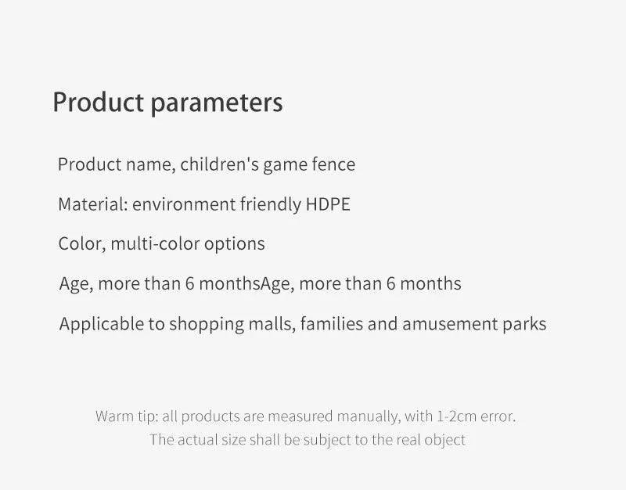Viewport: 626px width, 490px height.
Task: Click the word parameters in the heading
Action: click(x=217, y=103)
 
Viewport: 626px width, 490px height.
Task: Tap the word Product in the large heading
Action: click(x=99, y=102)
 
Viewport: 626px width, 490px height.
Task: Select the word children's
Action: click(x=220, y=164)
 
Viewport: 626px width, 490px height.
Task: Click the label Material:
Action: click(x=93, y=204)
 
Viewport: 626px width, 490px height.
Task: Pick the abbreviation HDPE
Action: click(x=328, y=204)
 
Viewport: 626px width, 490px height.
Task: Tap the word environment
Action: click(x=184, y=204)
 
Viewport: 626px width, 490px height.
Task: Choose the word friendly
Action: click(x=271, y=204)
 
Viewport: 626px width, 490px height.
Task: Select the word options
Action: click(x=234, y=244)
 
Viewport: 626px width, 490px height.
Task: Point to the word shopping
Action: click(x=207, y=324)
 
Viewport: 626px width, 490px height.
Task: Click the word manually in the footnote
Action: click(x=369, y=417)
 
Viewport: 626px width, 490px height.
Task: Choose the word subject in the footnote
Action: click(x=326, y=440)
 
